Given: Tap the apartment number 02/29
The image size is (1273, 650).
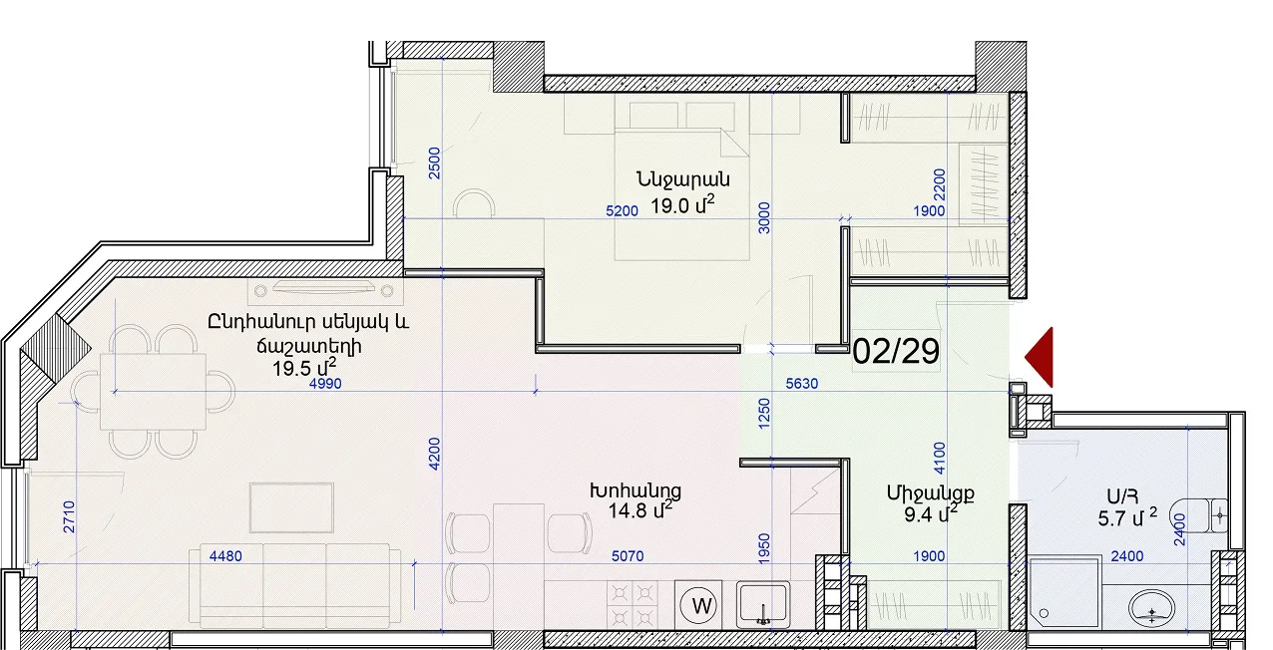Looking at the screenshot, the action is click(x=896, y=351).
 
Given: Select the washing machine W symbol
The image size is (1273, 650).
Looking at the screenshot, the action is click(x=698, y=606).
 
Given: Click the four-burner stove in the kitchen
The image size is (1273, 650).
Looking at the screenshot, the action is click(x=632, y=605).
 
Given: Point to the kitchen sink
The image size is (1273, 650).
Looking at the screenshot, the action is click(x=763, y=604).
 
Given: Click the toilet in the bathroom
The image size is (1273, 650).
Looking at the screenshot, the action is click(x=1198, y=515).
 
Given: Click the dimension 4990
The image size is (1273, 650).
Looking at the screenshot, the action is click(x=325, y=384).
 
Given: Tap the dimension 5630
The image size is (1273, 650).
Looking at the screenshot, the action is click(x=802, y=384).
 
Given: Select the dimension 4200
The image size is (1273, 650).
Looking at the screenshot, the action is click(x=434, y=454).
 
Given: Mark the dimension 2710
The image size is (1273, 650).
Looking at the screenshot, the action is click(x=69, y=517).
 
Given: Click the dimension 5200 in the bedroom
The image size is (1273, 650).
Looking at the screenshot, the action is click(x=622, y=211).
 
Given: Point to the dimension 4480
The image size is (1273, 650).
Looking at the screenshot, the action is click(x=225, y=555).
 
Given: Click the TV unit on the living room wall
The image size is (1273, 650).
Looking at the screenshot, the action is click(x=324, y=291).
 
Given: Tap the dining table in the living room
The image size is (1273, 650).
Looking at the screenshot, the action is click(x=153, y=391).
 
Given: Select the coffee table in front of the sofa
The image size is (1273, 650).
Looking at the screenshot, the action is click(x=291, y=507).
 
